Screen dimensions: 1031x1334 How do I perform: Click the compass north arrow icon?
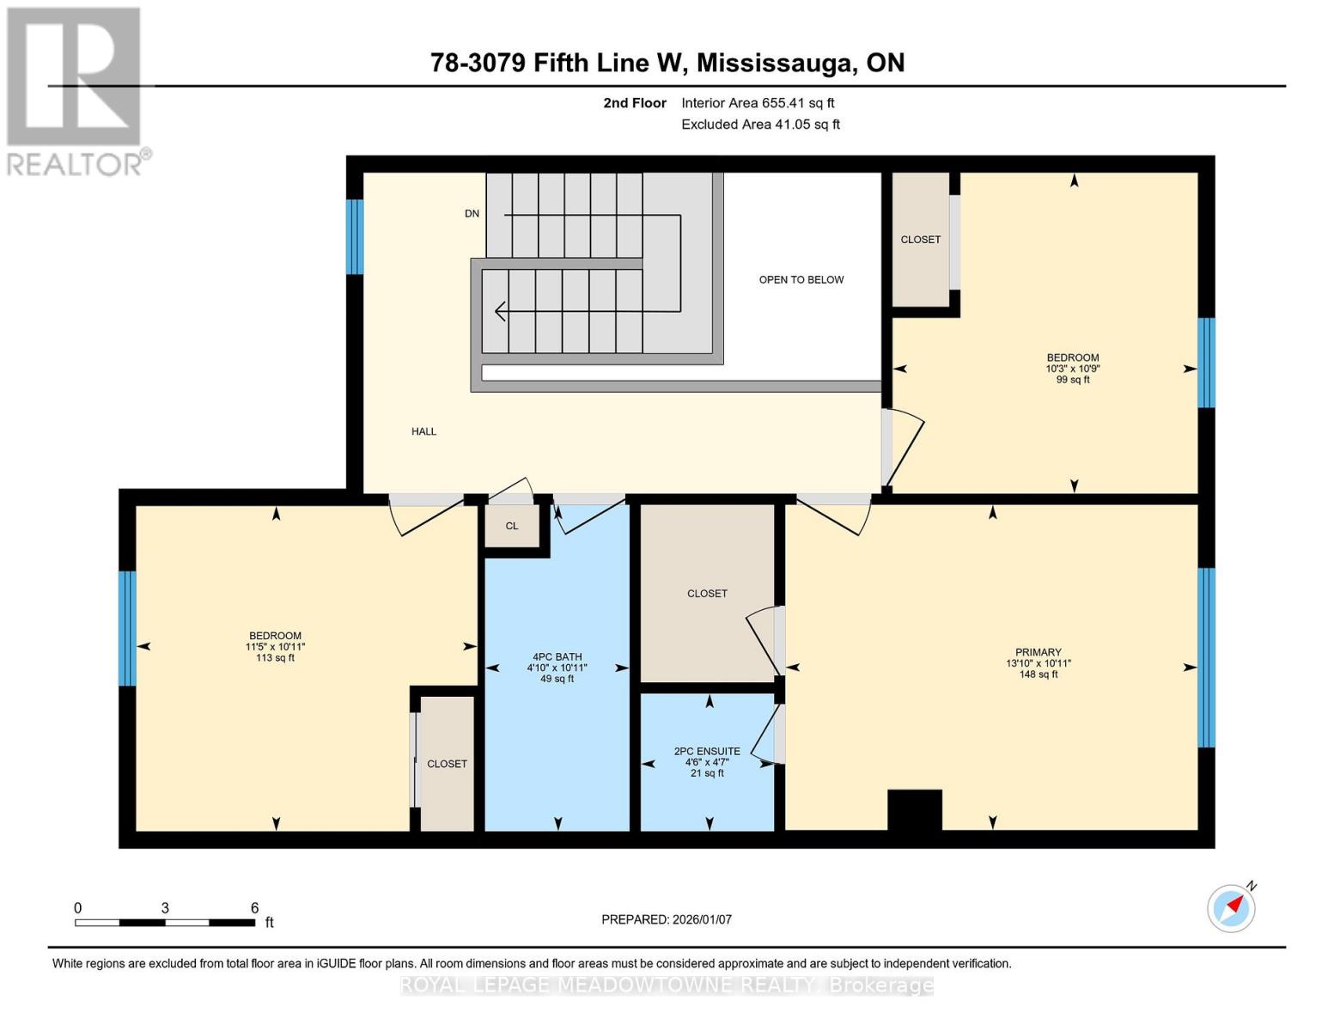1232,907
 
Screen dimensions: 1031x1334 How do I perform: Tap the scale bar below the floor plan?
165,922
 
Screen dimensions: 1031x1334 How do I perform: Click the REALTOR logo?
75,91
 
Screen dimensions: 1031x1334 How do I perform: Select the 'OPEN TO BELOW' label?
801,279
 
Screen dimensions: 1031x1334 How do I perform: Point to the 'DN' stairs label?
472,213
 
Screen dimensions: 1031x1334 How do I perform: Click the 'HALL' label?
423,431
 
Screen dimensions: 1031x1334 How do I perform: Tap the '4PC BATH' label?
557,656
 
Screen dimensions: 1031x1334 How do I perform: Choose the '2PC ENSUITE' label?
707,751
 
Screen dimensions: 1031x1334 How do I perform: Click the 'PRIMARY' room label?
1038,652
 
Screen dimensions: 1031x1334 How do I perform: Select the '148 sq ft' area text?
1038,674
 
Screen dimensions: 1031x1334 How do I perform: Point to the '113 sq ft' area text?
275,658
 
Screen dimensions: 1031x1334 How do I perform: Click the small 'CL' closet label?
512,526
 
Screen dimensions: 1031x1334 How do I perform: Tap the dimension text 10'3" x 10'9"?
1072,369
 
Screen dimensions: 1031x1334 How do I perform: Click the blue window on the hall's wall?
355,236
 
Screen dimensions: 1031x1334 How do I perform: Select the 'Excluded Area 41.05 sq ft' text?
760,125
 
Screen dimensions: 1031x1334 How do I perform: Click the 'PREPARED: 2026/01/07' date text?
667,919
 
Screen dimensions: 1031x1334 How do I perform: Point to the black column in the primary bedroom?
914,809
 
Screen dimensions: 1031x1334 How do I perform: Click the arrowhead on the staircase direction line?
500,311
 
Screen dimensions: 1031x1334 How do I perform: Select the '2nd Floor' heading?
635,103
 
